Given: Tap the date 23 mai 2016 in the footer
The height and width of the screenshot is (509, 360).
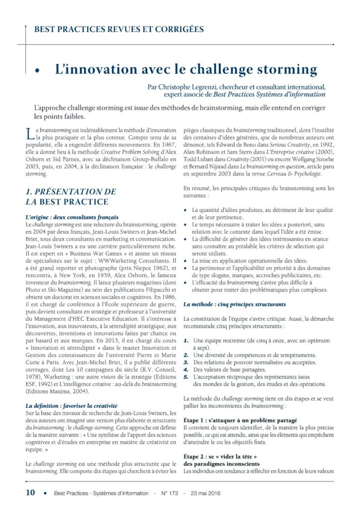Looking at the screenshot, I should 201,494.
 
